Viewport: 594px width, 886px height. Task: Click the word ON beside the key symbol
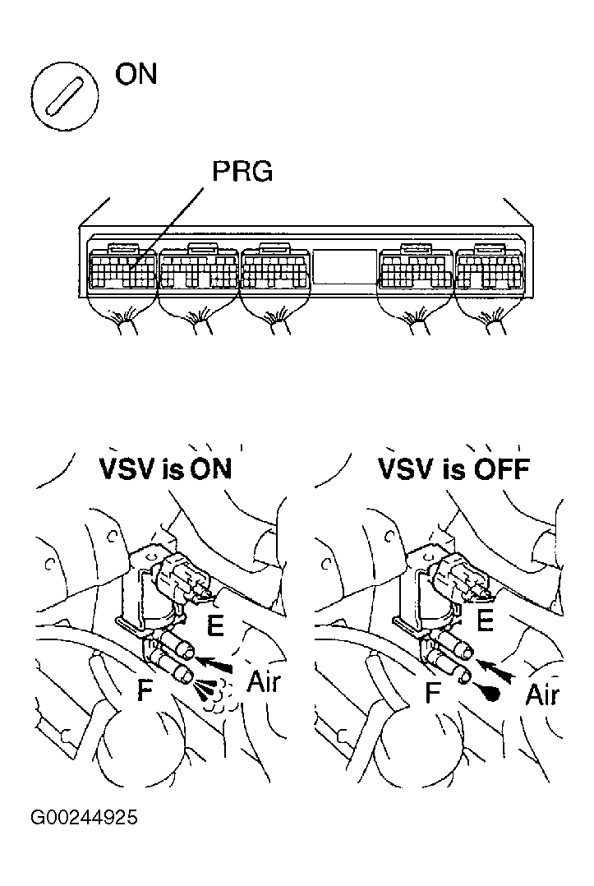click(136, 75)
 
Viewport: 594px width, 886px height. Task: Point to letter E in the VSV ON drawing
click(215, 626)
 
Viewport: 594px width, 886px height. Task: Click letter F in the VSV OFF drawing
click(433, 693)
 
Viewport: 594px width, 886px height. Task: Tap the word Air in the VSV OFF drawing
click(542, 694)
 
